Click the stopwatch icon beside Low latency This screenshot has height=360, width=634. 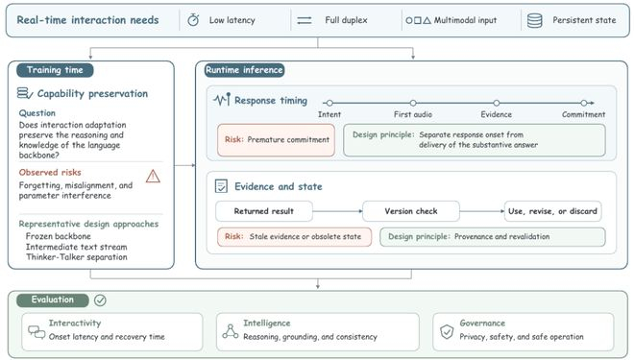(x=193, y=20)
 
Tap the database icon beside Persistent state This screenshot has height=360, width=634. (x=534, y=20)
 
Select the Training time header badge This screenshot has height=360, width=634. (x=55, y=70)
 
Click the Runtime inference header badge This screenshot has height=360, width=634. (x=244, y=70)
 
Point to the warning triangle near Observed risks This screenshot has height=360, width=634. (x=153, y=177)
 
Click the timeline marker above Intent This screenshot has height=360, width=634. (x=329, y=103)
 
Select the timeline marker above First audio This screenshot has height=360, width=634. (x=413, y=103)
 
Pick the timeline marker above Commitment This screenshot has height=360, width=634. (x=583, y=103)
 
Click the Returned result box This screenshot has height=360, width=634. (x=264, y=211)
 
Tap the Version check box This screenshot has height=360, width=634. (x=411, y=211)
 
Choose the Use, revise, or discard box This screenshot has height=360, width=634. (x=552, y=211)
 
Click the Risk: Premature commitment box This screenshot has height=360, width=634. (x=276, y=140)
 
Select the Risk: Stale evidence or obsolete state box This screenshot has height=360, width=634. (x=294, y=237)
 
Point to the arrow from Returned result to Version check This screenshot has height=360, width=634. (x=337, y=211)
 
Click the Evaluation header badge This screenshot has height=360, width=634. (x=53, y=300)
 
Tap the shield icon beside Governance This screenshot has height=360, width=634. (x=447, y=331)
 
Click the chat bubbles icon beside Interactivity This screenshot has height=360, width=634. (x=37, y=332)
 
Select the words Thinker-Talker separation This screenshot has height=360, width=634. (x=77, y=257)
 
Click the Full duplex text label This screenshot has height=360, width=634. (x=346, y=20)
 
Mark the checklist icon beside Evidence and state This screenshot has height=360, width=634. (x=221, y=186)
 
